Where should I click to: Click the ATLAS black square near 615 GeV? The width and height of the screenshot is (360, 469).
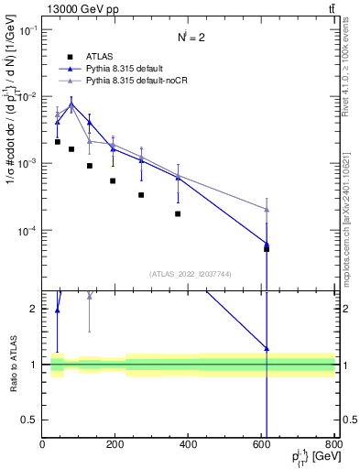267,248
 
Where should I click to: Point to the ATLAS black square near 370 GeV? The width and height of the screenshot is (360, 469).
178,213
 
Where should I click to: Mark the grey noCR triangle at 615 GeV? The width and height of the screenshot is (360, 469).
267,209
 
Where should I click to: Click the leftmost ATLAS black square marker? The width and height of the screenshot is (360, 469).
57,142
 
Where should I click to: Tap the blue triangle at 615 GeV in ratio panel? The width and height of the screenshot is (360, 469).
267,348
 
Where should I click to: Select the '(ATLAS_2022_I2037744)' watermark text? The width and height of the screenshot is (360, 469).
190,273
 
